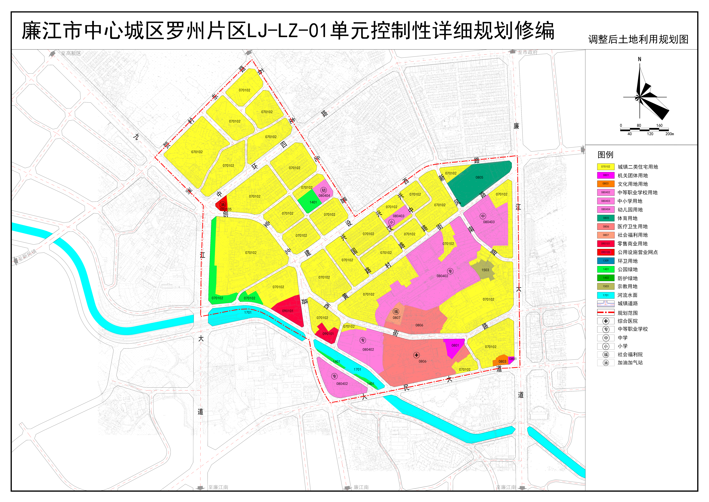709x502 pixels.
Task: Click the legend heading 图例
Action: point(605,155)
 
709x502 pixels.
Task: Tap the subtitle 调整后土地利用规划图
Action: point(638,40)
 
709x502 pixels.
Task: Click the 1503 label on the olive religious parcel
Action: point(485,270)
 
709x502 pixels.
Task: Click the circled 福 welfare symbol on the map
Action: point(396,312)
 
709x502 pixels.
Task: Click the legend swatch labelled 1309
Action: point(606,261)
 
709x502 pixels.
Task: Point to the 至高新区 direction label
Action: point(71,53)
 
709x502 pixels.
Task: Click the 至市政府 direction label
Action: point(527,52)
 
